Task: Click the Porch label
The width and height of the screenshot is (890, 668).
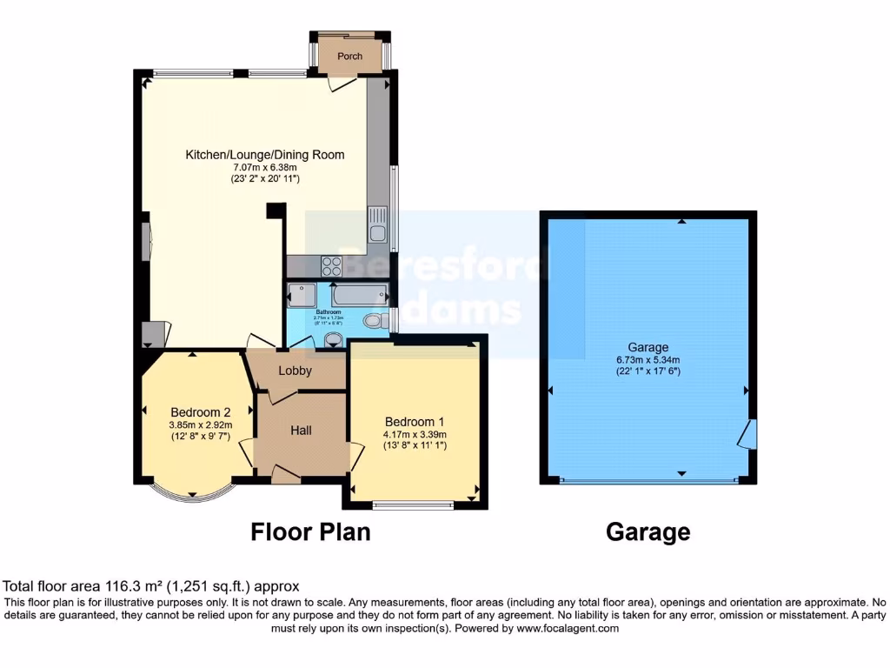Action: coord(349,57)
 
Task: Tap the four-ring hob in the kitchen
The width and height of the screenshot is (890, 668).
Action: coord(331,265)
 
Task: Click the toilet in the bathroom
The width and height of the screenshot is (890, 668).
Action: coord(375,321)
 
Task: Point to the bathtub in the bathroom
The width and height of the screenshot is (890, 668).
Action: coord(358,296)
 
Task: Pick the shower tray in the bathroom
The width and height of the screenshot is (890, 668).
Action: coord(302,296)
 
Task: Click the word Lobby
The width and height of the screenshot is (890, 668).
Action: coord(295,371)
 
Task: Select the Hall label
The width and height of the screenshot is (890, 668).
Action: coord(301,431)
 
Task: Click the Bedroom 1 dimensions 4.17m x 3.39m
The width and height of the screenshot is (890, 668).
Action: coord(414,435)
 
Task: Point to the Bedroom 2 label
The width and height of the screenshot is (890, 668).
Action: coord(200,412)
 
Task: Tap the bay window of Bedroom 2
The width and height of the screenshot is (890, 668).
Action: coord(189,495)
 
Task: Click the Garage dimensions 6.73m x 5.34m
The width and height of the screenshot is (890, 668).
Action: coord(648,360)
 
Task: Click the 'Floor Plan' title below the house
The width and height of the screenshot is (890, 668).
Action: coord(310,531)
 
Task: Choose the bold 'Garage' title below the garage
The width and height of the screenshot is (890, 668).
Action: coord(648,531)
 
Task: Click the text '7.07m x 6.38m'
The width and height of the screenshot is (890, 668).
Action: coord(264,168)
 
